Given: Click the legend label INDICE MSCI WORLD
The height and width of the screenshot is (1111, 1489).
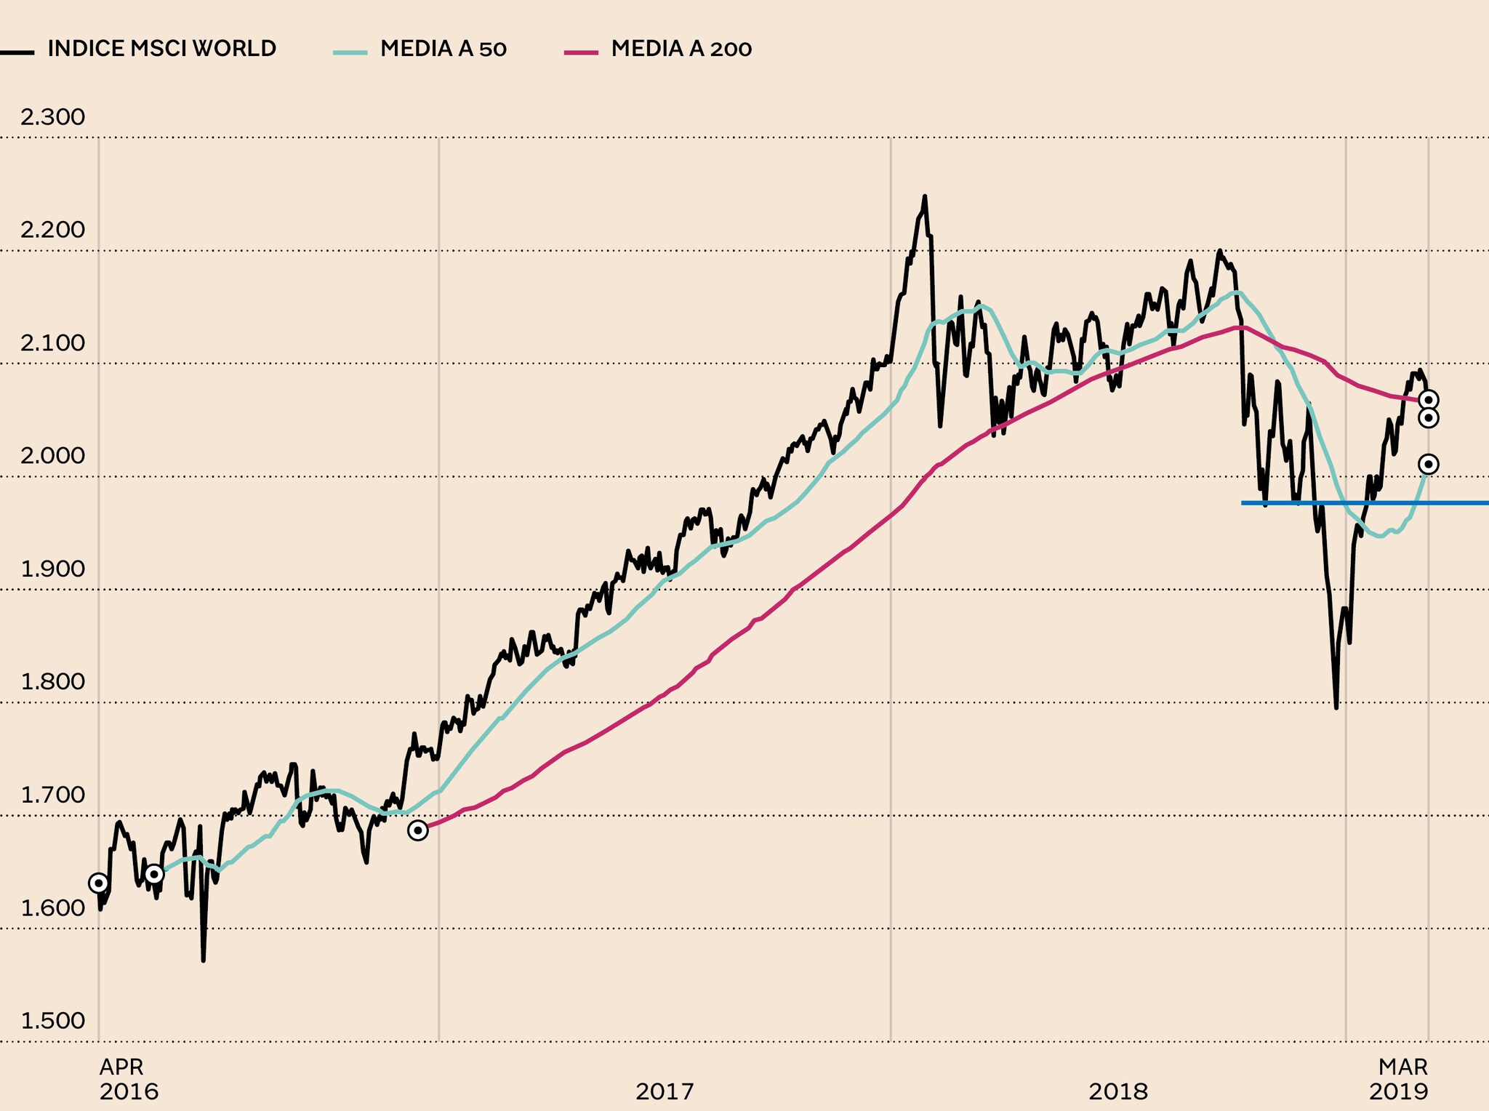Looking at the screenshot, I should point(161,49).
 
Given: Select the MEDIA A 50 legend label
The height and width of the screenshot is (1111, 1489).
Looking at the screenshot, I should point(443,49).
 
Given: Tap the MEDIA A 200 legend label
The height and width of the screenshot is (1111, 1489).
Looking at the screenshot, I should point(681,49).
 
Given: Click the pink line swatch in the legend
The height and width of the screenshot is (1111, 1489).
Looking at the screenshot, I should point(580,52).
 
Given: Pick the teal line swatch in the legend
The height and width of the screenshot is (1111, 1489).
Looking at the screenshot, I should point(350,52).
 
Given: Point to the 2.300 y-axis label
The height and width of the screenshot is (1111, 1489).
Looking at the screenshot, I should point(52,116).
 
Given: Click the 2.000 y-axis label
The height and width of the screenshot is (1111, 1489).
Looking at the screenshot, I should point(52,456).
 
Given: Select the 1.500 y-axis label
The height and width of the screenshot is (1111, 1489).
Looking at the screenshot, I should point(52,1020).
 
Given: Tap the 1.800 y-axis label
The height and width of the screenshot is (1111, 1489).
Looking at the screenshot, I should point(52,681).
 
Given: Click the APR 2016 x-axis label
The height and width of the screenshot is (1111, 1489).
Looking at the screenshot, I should point(128,1079).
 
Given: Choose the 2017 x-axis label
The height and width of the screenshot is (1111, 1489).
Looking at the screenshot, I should point(665,1091).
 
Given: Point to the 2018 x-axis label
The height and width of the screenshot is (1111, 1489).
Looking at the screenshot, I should point(1118,1091).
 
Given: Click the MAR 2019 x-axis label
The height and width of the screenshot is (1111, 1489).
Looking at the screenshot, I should point(1399,1079).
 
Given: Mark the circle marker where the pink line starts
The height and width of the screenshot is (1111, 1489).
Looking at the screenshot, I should point(418,830).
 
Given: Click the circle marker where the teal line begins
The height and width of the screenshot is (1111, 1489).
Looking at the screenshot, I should point(154,873).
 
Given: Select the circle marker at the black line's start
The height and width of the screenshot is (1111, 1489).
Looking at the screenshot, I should point(98,883).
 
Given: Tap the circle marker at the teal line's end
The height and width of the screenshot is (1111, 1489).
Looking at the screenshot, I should point(1429,464).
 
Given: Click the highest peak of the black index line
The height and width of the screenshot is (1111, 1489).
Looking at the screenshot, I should point(924,196).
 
